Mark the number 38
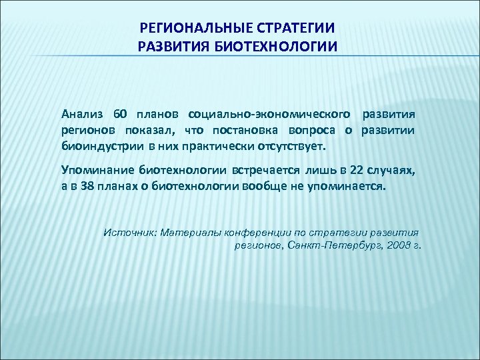pos(87,187)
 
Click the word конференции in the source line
pos(257,233)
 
